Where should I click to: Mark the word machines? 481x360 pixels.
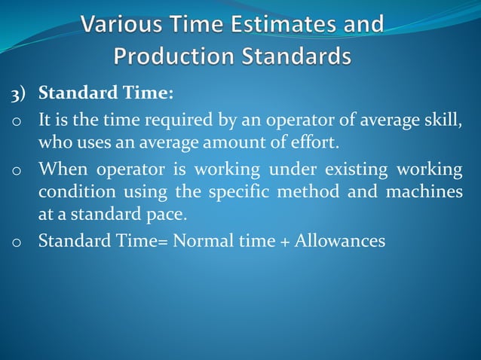[x=424, y=192]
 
